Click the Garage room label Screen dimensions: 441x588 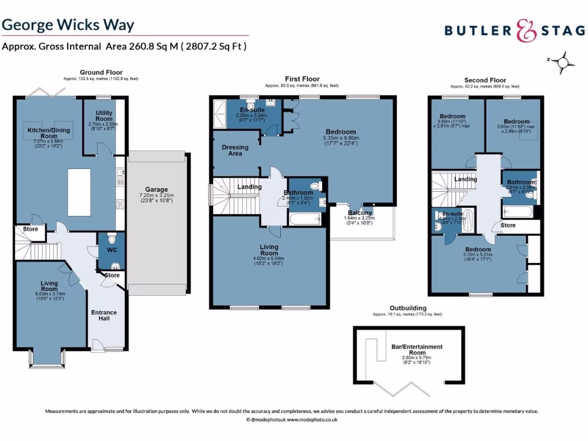156,189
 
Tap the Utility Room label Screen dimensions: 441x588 105,115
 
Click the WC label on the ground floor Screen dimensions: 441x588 111,250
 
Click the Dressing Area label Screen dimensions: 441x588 235,150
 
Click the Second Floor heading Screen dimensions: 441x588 485,80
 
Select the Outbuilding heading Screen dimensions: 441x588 408,308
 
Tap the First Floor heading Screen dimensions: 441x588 302,79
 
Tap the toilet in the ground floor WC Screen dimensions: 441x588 112,238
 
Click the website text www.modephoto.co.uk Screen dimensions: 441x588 312,420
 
